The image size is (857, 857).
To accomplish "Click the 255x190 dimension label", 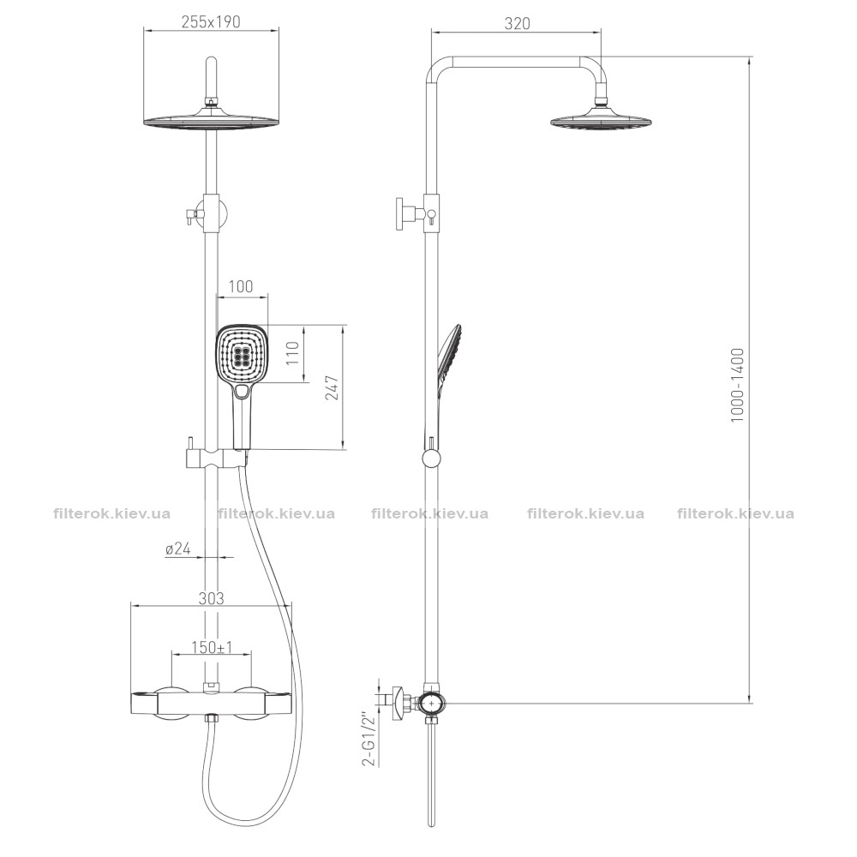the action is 211,21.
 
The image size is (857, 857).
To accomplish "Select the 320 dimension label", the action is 517,23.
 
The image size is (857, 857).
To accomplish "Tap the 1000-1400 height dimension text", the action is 737,384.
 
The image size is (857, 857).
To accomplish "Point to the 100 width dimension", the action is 241,286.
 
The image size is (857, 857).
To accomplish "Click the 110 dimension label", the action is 292,353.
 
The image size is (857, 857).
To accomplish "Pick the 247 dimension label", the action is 333,387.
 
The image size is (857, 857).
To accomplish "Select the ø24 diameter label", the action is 178,548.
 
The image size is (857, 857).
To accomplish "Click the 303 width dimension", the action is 211,598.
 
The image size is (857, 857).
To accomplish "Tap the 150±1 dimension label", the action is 212,647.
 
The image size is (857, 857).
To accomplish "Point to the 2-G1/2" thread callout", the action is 371,738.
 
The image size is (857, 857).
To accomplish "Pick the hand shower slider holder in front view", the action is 215,458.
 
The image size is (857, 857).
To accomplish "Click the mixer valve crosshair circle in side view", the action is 432,704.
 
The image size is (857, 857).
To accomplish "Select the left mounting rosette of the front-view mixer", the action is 171,703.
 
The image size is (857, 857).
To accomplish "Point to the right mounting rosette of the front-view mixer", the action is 252,703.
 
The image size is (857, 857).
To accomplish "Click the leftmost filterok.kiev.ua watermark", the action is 112,513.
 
